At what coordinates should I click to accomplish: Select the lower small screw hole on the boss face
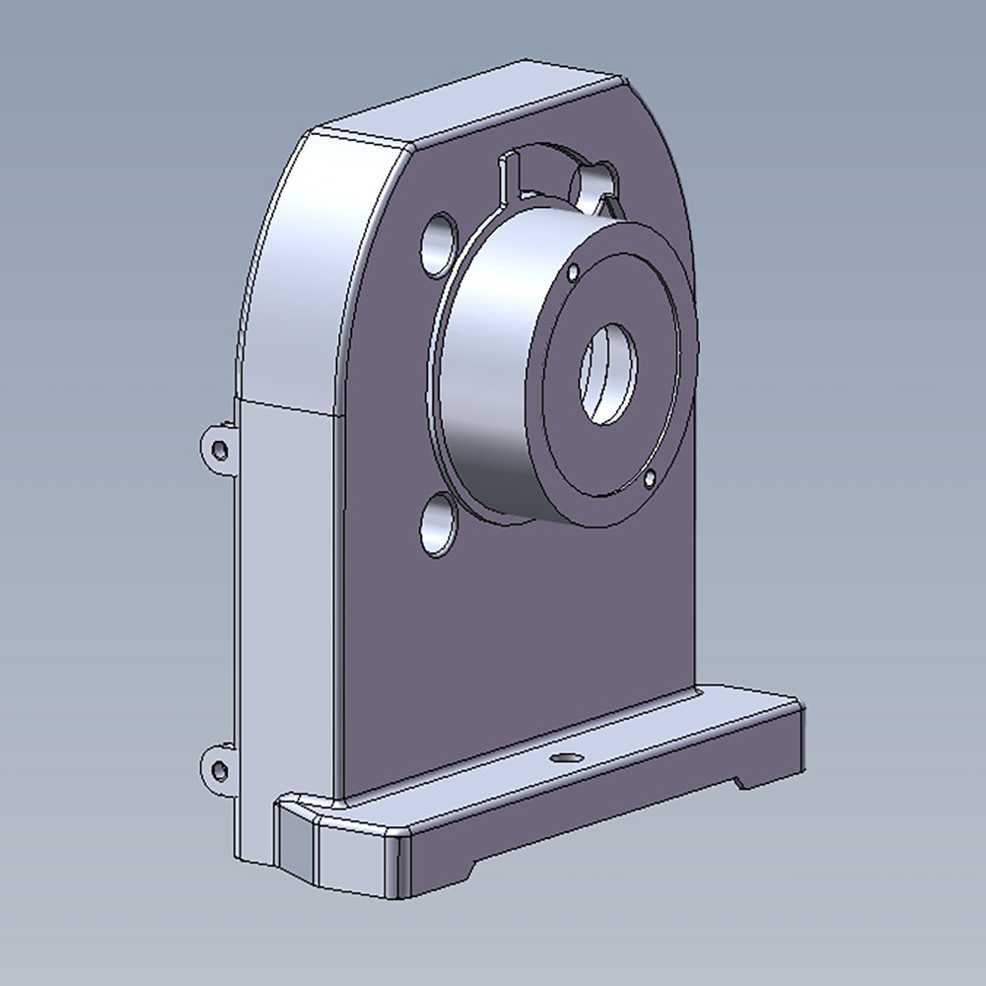tap(648, 479)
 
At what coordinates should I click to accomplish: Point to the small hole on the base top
tap(566, 758)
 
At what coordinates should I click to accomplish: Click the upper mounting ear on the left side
tap(218, 449)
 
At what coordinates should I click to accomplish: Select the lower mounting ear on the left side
tap(218, 768)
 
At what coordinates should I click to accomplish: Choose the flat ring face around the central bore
tap(651, 325)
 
